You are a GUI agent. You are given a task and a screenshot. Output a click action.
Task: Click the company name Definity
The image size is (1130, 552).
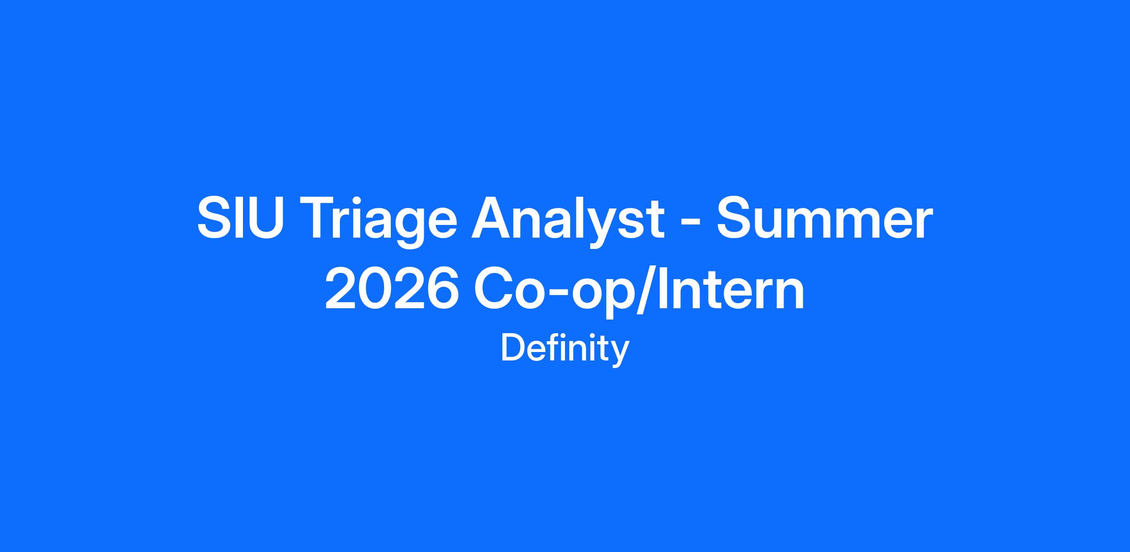pyautogui.click(x=565, y=349)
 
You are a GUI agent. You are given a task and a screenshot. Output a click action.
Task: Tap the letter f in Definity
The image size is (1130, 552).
pyautogui.click(x=550, y=347)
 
